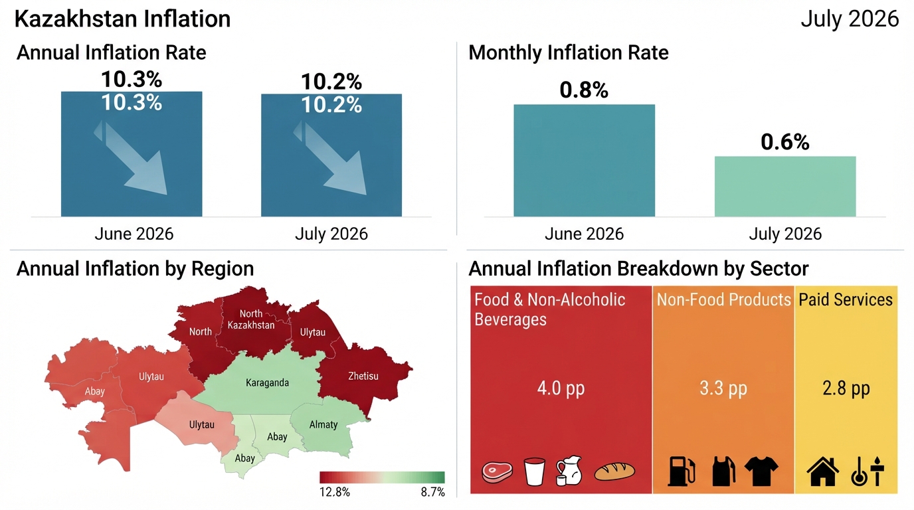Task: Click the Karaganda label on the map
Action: [x=267, y=382]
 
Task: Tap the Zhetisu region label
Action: [x=363, y=376]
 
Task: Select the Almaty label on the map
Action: [x=323, y=425]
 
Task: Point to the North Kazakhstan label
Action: [x=251, y=319]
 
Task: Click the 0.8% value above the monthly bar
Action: [x=584, y=90]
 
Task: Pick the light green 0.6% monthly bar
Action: [x=785, y=187]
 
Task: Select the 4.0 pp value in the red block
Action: [x=561, y=388]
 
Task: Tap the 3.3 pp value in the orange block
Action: [x=723, y=388]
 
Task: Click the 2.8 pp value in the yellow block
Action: [x=846, y=388]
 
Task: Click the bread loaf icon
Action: [x=614, y=471]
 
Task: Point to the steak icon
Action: [x=497, y=472]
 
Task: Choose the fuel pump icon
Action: [x=682, y=471]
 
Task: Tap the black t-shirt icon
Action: [x=761, y=471]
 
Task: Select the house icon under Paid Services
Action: [x=823, y=471]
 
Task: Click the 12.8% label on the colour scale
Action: [x=335, y=492]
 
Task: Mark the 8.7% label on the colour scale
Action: [x=432, y=492]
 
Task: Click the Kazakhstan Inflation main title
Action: [x=122, y=19]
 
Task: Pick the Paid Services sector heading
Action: [x=846, y=299]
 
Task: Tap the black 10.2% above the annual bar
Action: [x=331, y=82]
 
